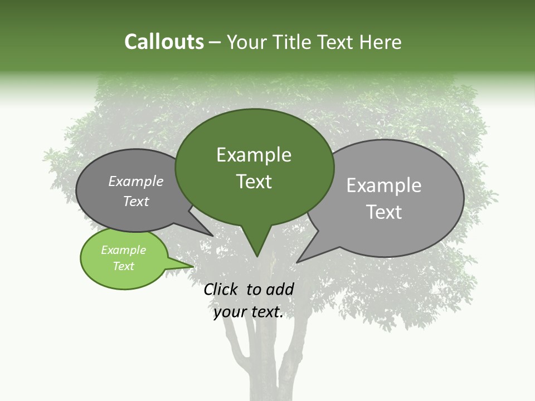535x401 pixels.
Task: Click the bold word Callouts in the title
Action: [164, 42]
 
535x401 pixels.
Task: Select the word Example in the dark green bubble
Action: [254, 155]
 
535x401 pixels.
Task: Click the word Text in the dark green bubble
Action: [254, 182]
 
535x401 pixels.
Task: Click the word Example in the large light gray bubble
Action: [384, 185]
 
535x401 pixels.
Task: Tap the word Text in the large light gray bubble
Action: [384, 212]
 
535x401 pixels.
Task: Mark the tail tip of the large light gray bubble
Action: [298, 261]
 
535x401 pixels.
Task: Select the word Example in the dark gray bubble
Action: [136, 182]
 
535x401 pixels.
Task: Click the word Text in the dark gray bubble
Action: [136, 202]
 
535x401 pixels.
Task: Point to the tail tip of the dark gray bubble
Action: [212, 236]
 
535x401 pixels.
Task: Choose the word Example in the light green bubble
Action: [124, 251]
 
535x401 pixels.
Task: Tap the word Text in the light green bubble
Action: [124, 266]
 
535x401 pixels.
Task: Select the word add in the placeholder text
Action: [280, 289]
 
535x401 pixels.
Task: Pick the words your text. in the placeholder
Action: [249, 312]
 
